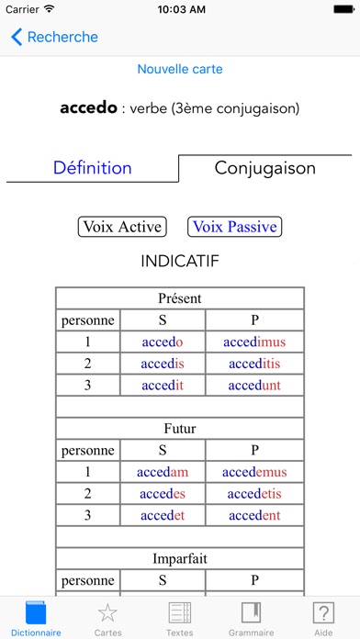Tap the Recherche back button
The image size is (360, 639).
[54, 38]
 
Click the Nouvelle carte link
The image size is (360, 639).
[180, 69]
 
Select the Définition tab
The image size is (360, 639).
[92, 168]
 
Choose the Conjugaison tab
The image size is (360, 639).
[264, 168]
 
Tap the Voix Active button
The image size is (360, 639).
[122, 227]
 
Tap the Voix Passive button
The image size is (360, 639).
[233, 227]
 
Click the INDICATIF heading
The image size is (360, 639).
[180, 261]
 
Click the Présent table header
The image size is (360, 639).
[180, 298]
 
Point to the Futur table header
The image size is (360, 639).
[180, 428]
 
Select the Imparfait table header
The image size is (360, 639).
[180, 557]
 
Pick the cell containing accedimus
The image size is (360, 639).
[254, 342]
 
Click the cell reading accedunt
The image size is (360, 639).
[254, 386]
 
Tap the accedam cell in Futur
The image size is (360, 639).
[163, 472]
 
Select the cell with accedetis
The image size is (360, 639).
[254, 493]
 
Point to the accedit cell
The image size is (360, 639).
[163, 386]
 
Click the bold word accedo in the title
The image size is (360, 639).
[89, 108]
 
